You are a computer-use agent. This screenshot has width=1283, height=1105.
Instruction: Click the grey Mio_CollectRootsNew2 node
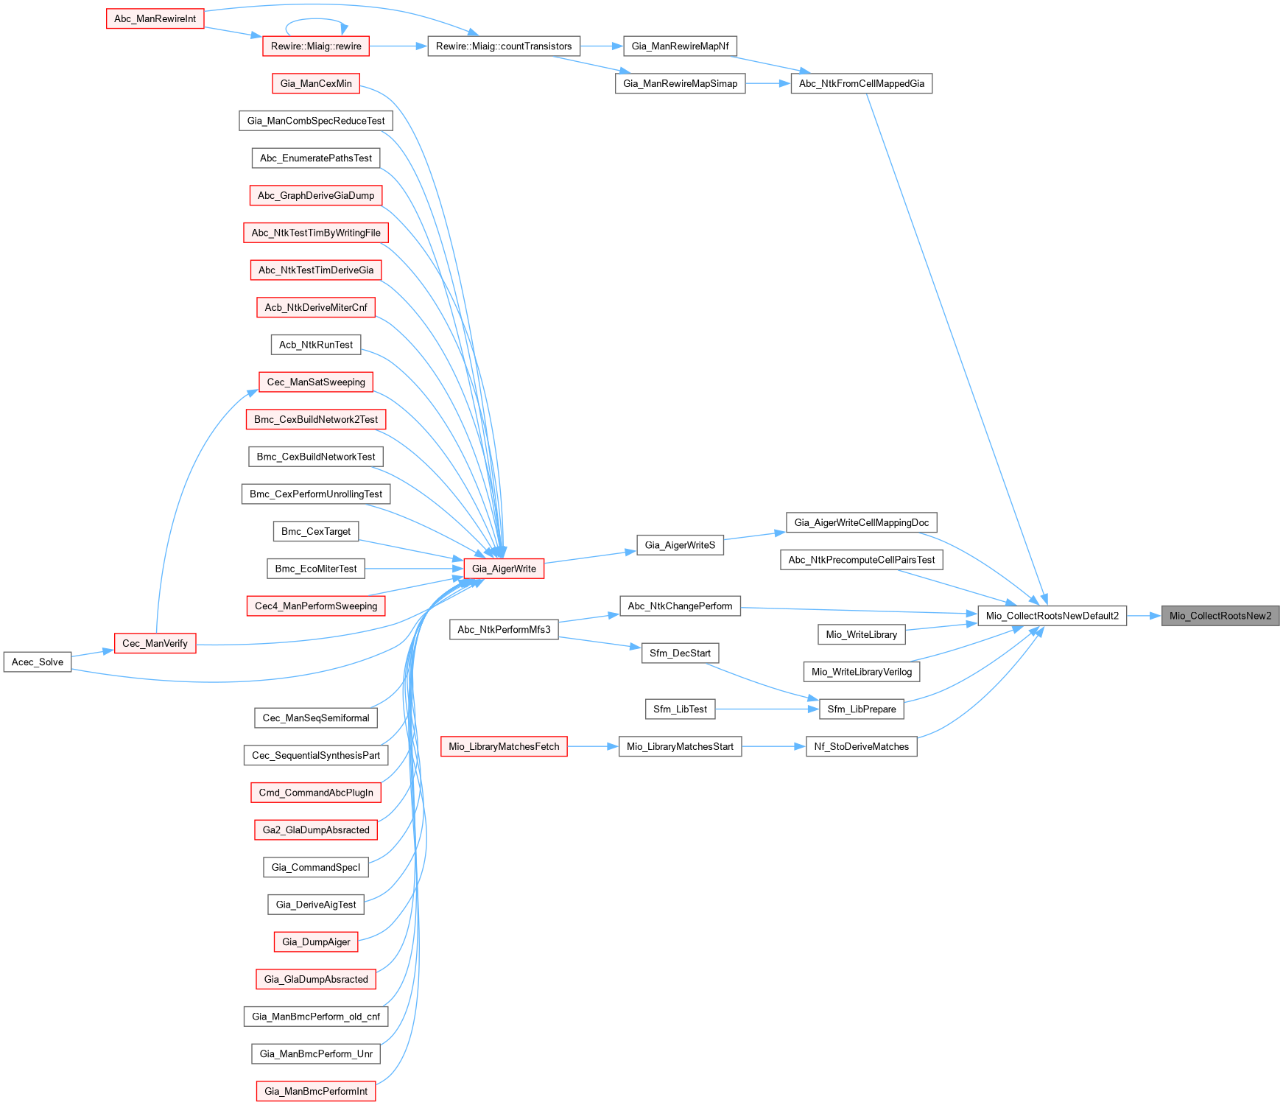1220,616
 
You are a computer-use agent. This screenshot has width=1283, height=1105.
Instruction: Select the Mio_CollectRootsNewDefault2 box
1052,616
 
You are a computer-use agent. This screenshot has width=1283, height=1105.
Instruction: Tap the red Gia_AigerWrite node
504,569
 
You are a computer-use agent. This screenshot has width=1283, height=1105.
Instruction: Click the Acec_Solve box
38,662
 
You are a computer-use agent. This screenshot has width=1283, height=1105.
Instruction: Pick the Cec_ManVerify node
155,643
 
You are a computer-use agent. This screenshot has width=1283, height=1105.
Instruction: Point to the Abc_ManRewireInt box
155,18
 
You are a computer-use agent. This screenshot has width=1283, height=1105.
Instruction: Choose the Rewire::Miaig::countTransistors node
504,46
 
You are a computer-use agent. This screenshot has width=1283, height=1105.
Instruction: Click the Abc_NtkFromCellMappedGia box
861,83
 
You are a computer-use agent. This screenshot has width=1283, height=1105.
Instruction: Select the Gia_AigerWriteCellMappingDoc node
861,522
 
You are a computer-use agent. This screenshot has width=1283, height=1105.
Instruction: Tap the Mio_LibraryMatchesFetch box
504,746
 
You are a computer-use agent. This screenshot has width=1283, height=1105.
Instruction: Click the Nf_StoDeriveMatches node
861,746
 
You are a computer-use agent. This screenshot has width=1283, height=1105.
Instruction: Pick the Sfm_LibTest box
680,709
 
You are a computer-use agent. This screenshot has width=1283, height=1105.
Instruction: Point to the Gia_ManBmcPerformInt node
316,1091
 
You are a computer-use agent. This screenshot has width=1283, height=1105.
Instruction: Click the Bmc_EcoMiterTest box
316,569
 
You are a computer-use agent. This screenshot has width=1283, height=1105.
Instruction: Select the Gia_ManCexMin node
316,83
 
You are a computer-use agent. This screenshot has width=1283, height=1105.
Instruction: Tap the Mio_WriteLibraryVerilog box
861,671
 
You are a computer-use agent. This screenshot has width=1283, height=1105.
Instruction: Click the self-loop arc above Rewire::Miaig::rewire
317,20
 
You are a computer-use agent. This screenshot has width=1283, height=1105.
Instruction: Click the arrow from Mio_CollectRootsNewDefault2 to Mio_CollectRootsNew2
1144,616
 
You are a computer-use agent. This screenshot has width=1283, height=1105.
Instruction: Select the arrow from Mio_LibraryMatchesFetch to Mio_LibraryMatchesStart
593,746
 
